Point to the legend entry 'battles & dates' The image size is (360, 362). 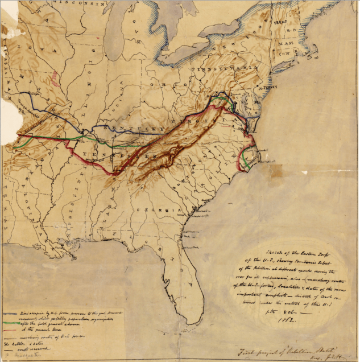26,343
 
